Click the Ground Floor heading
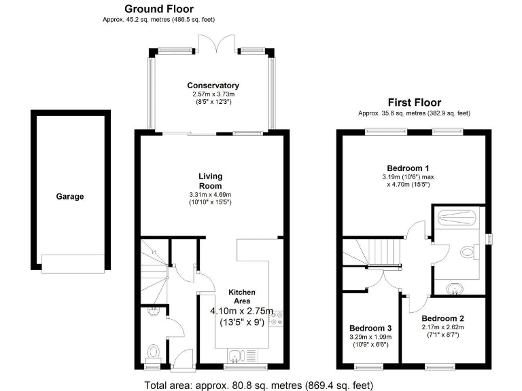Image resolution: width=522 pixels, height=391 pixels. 158,9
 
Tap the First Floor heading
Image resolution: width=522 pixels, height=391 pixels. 414,103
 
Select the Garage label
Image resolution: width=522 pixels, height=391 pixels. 70,197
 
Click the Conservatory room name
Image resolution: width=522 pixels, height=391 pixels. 213,86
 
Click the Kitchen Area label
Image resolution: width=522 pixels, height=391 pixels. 242,297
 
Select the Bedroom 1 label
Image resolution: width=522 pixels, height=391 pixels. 408,168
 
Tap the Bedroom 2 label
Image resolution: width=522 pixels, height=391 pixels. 442,318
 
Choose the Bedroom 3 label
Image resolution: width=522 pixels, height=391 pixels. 370,326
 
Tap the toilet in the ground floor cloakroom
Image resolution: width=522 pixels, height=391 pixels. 154,353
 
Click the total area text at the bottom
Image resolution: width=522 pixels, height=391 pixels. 258,385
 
